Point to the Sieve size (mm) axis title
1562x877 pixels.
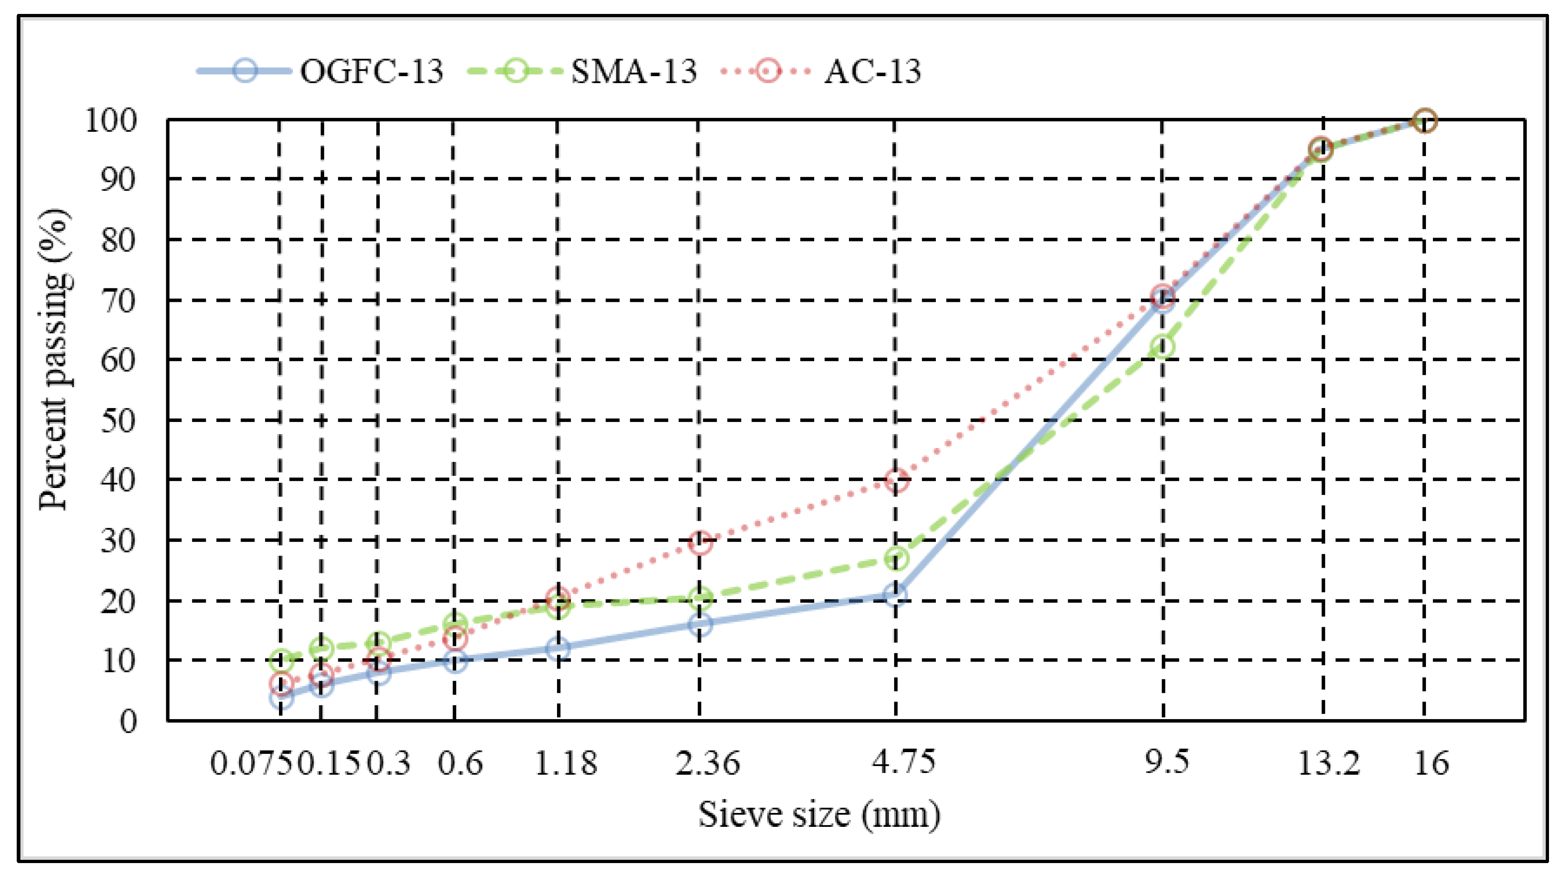tap(818, 814)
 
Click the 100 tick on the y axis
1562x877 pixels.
tap(111, 120)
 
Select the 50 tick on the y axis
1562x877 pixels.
tap(119, 420)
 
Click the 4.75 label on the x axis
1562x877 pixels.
tap(903, 762)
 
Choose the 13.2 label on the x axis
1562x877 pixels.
tap(1329, 763)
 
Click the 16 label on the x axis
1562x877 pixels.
tap(1432, 763)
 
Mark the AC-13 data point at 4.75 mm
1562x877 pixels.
tap(897, 480)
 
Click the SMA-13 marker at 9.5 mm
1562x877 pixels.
tap(1162, 347)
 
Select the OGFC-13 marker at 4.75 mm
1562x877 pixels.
tap(895, 594)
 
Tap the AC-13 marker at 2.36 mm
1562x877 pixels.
tap(700, 542)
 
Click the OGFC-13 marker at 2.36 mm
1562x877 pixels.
tap(700, 624)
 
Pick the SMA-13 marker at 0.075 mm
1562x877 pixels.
tap(281, 659)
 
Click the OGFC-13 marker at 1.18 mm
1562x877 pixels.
tap(557, 649)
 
